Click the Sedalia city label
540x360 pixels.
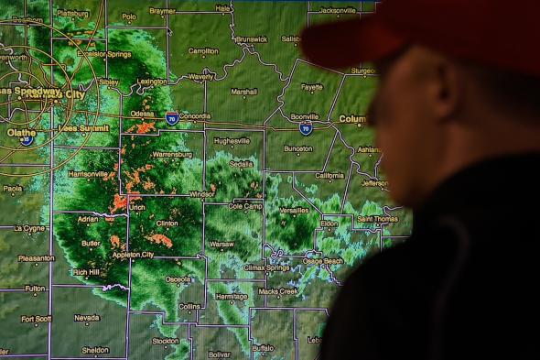(x=242, y=164)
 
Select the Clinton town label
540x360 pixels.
(x=167, y=223)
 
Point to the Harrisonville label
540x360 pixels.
(x=89, y=173)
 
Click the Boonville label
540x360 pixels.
(x=304, y=117)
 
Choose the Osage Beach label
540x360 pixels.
(x=322, y=261)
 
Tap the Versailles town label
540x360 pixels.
(x=294, y=210)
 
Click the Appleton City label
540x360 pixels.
(x=134, y=254)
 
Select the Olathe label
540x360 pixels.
(x=22, y=132)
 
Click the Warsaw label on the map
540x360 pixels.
(x=221, y=245)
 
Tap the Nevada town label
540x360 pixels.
(x=86, y=318)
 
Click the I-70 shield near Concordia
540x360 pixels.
(x=172, y=119)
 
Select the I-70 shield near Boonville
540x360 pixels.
(x=306, y=129)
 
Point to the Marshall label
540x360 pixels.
(x=243, y=92)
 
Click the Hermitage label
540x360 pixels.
(x=232, y=296)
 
